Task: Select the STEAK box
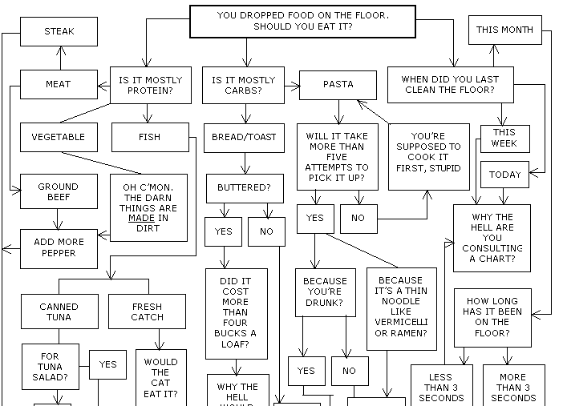(x=59, y=32)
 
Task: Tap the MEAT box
(x=58, y=84)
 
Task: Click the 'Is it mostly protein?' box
(x=150, y=85)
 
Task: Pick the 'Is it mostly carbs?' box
(x=243, y=85)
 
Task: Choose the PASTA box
(x=338, y=85)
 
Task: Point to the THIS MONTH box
(x=504, y=30)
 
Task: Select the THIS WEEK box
(x=504, y=138)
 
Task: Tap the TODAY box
(x=504, y=174)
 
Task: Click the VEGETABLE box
(x=58, y=137)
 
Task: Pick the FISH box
(x=149, y=137)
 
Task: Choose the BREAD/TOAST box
(x=244, y=137)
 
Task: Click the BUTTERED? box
(x=244, y=188)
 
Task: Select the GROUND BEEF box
(x=58, y=191)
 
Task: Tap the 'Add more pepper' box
(x=58, y=247)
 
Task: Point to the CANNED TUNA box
(x=59, y=312)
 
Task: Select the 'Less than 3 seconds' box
(x=440, y=387)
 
